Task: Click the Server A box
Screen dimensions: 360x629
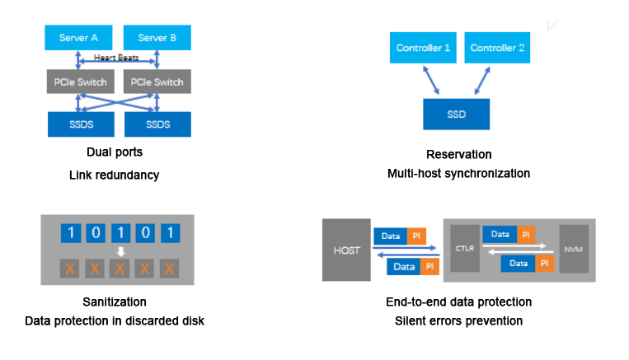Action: pos(78,37)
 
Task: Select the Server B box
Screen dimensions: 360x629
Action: pos(157,37)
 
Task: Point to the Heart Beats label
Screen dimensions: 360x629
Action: pos(116,58)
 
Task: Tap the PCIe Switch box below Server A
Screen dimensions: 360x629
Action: pos(78,82)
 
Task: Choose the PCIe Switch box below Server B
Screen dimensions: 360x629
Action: pos(157,82)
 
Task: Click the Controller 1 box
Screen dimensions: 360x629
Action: pos(423,48)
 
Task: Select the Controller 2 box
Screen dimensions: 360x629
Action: pos(497,48)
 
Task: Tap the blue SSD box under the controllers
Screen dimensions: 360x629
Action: pos(456,114)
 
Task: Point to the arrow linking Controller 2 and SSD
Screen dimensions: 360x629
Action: pos(480,81)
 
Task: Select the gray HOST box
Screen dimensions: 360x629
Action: pos(345,250)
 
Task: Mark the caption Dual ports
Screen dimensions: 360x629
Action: pos(115,152)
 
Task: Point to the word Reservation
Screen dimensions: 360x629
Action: pos(458,155)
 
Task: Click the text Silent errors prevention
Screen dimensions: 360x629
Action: pos(458,320)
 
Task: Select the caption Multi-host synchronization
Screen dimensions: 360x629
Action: pos(458,174)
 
